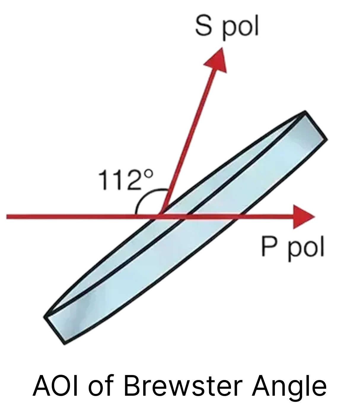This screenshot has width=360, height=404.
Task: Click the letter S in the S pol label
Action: tap(204, 26)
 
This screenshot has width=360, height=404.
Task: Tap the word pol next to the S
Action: tap(240, 27)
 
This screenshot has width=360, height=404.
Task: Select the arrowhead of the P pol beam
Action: tap(302, 217)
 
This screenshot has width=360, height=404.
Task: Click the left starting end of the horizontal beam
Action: tap(7, 217)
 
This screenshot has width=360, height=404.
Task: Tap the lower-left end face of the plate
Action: tap(56, 329)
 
